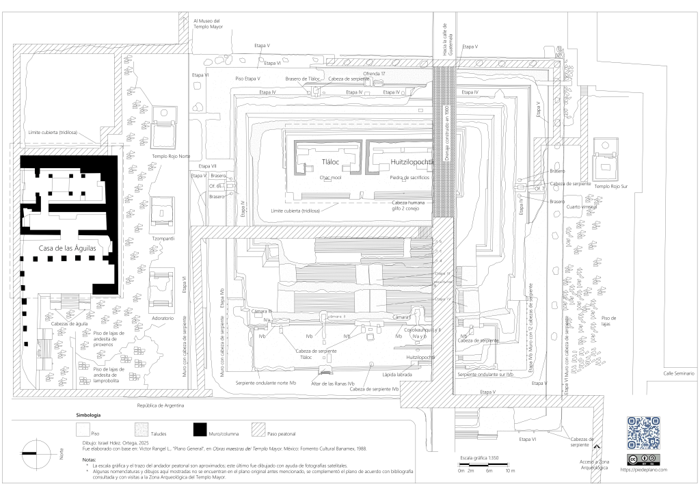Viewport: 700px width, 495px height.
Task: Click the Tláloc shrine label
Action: [x=331, y=162]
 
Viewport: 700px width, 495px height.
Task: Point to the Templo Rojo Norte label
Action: [x=171, y=157]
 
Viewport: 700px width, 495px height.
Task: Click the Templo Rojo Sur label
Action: [x=610, y=186]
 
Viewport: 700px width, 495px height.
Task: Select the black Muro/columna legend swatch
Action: [x=199, y=429]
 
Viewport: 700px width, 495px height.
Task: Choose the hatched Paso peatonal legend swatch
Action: [x=258, y=429]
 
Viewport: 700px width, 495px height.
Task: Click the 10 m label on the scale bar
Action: [x=509, y=471]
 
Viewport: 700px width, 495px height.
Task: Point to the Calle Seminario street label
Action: [x=679, y=373]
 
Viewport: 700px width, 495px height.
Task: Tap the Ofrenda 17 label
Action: [x=375, y=73]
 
